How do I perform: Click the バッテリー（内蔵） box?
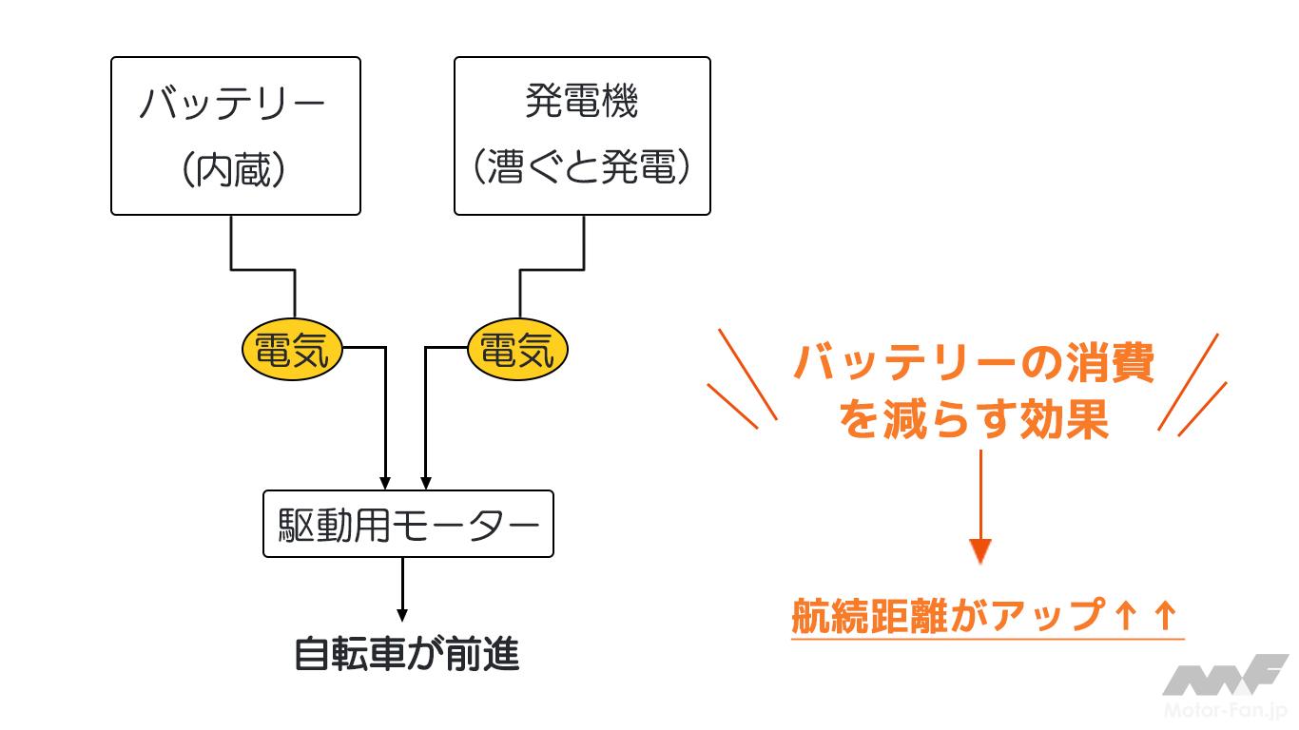236,136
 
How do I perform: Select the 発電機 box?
582,136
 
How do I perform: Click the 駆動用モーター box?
407,524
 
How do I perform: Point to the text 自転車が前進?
407,655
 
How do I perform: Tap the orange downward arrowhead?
980,550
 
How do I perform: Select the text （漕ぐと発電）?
582,170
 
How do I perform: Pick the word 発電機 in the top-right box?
582,102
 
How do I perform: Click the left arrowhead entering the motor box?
385,480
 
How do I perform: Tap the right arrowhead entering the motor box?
425,480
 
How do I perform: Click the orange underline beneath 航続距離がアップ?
987,639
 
